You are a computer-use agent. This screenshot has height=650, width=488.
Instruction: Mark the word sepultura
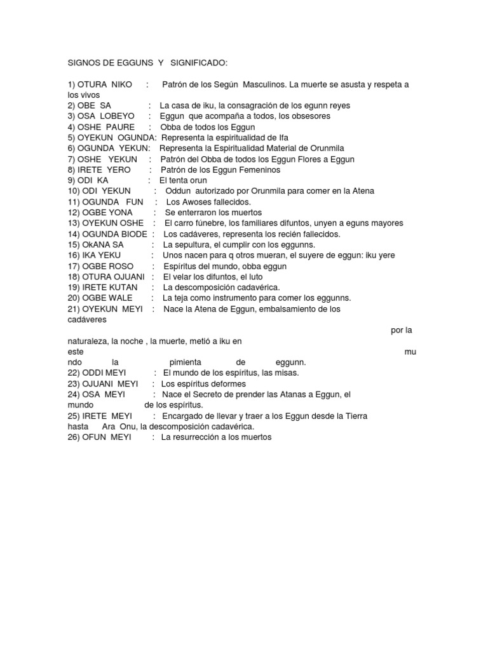click(x=193, y=245)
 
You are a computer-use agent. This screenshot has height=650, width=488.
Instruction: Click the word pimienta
click(x=186, y=362)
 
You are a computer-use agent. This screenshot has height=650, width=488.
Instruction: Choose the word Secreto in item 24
click(x=217, y=395)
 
